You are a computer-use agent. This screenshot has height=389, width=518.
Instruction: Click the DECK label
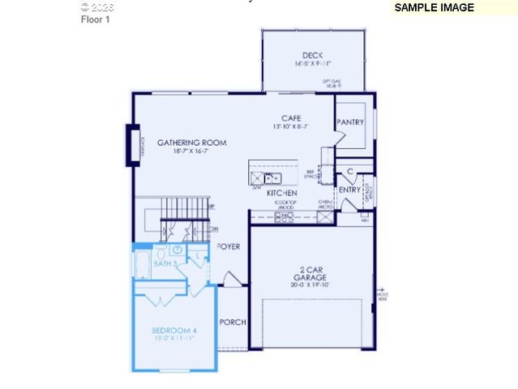312,55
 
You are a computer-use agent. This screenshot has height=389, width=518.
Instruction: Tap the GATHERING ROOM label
192,143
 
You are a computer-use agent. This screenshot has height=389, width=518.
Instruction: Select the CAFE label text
291,118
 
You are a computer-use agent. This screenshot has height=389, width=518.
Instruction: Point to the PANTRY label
351,122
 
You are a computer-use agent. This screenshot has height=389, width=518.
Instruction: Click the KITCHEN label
281,194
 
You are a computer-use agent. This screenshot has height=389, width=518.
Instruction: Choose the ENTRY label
350,190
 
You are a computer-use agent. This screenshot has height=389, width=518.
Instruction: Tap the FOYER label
229,246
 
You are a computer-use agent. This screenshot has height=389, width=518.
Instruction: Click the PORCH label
233,322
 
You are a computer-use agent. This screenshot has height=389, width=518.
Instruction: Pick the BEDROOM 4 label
174,331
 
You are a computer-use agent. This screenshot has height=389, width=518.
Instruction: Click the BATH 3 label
166,264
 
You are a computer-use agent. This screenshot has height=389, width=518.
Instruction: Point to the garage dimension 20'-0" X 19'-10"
310,285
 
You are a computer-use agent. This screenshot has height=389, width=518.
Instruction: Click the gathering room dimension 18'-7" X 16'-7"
192,152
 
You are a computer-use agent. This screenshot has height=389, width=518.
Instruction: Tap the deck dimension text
312,63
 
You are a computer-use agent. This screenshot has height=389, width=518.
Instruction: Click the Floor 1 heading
95,19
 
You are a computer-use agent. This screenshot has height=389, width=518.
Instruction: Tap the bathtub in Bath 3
143,263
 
